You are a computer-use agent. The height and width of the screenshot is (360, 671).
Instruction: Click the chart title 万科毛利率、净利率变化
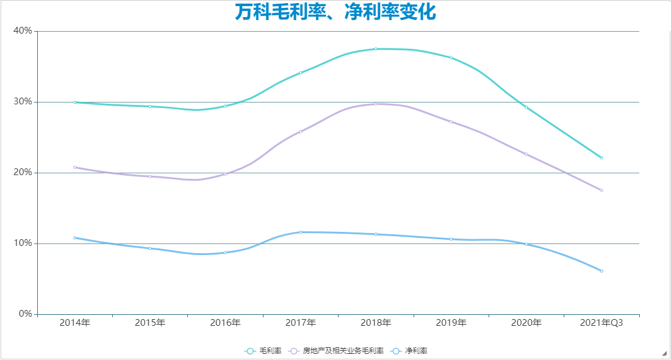coord(335,12)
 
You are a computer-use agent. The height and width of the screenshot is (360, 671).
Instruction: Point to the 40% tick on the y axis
coord(23,31)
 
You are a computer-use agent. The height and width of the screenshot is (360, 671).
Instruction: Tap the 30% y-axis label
coord(23,102)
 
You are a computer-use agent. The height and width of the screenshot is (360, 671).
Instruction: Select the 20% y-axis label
coord(23,173)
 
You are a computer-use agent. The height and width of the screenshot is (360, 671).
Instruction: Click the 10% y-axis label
coord(23,243)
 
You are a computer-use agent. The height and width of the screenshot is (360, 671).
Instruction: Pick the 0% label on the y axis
coord(25,314)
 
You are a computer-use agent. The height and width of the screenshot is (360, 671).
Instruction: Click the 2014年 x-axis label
coord(74,323)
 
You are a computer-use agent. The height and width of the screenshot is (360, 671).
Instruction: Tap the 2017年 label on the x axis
coord(300,323)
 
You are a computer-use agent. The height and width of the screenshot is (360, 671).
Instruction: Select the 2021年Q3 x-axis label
coord(601,323)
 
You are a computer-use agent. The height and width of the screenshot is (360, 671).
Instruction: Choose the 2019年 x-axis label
coord(451,323)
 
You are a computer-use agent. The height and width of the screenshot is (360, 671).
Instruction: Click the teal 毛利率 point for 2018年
coord(376,49)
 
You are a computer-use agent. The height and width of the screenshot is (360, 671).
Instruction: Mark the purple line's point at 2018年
coord(376,104)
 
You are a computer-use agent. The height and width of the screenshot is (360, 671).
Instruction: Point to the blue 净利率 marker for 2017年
coord(300,232)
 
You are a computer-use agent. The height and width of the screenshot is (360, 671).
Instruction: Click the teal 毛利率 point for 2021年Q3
coord(601,157)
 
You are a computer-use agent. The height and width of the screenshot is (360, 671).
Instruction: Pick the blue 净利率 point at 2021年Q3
coord(601,271)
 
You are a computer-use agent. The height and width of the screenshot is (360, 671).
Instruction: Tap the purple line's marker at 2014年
coord(74,167)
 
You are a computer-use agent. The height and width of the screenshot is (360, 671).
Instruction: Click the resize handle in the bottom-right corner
coord(664,353)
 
